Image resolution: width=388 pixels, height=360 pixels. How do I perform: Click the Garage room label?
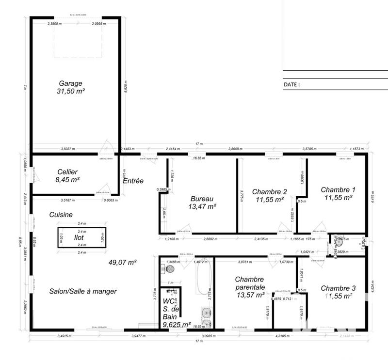coord(71,83)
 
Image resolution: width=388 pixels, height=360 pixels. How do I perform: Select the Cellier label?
coord(67,172)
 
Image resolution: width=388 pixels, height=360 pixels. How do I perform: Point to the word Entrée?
coord(133,181)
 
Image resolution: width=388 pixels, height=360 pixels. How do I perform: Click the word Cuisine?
coord(61,215)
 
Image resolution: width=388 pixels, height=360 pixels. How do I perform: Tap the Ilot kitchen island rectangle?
coord(81,238)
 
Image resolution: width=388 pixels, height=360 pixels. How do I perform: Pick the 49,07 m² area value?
coord(123,262)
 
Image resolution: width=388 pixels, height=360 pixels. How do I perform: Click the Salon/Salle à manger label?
coord(83,291)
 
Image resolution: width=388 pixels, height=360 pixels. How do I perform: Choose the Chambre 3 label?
coord(338,288)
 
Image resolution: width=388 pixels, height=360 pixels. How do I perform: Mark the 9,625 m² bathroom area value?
coord(176,324)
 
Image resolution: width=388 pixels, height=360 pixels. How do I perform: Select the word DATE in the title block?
coord(290,84)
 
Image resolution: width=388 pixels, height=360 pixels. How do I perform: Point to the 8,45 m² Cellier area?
coord(67,180)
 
